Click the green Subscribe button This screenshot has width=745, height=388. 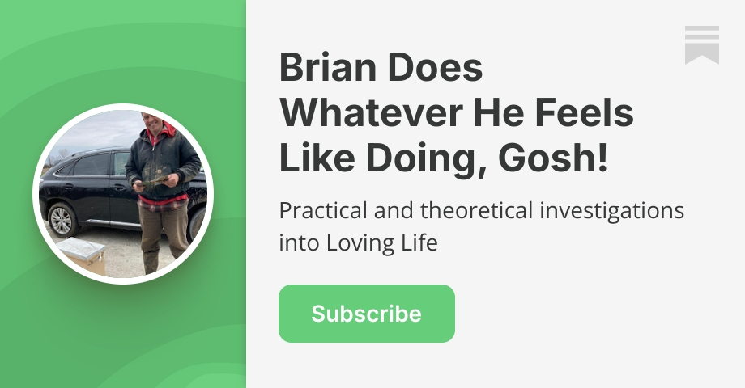(366, 314)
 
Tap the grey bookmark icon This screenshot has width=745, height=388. (701, 44)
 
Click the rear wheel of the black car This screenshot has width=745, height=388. (62, 218)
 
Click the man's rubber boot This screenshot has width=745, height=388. (151, 261)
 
